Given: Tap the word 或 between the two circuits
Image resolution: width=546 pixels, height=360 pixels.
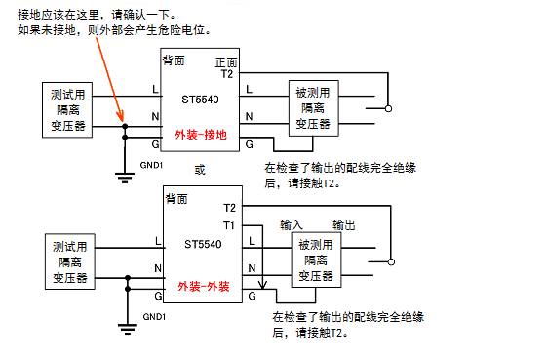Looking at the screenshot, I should pyautogui.click(x=200, y=169).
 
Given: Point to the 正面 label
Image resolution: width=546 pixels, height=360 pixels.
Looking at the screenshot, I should pyautogui.click(x=225, y=61).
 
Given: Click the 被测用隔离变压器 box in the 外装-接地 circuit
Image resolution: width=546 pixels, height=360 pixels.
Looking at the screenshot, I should pyautogui.click(x=313, y=109).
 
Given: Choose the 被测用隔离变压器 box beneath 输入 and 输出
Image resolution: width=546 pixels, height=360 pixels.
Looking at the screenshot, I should pyautogui.click(x=316, y=260).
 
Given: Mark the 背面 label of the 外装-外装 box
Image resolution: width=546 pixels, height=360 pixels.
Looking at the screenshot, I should pyautogui.click(x=176, y=198).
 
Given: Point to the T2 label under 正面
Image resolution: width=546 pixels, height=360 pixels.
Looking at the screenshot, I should pyautogui.click(x=227, y=74).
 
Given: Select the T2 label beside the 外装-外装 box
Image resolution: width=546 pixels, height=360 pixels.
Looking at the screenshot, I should pyautogui.click(x=229, y=208).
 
